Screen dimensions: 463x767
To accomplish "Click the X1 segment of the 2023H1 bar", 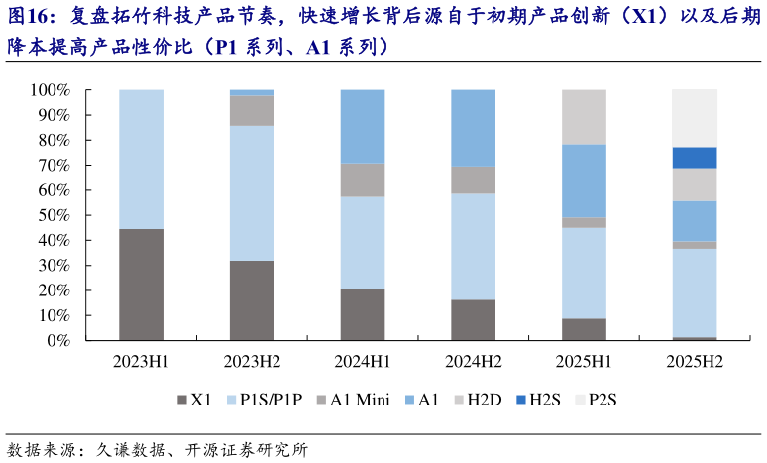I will point(141,285).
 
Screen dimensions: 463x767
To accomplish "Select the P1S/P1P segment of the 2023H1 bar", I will point(141,159).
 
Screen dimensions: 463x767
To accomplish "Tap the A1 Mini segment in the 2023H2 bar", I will point(252,111).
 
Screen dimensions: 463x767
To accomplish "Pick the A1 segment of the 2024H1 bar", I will point(363,126).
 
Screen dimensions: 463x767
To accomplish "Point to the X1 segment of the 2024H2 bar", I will point(473,320).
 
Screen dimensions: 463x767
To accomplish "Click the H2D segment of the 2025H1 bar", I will point(584,117).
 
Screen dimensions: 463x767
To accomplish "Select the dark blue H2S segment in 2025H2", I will point(695,158).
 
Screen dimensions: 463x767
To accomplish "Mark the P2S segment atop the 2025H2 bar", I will point(695,118).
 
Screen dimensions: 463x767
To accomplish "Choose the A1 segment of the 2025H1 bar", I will point(584,180).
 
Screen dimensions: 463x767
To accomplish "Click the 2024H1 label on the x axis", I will point(363,363).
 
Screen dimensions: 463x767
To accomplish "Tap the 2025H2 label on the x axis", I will point(695,363).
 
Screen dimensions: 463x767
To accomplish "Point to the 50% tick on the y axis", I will point(51,215).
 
